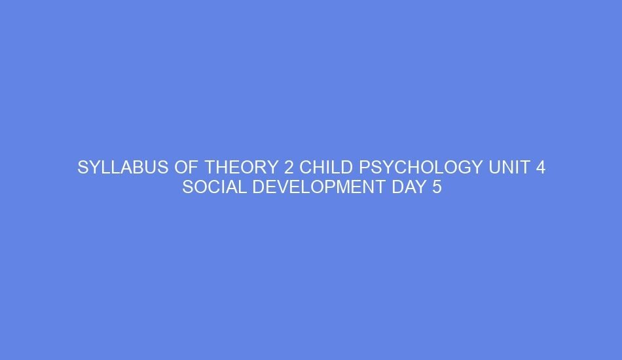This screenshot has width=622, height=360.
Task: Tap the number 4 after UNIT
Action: point(540,168)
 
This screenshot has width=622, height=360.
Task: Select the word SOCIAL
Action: point(214,188)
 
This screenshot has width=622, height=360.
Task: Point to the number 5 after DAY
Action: point(437,188)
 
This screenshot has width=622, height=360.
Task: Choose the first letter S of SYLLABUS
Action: point(82,168)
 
